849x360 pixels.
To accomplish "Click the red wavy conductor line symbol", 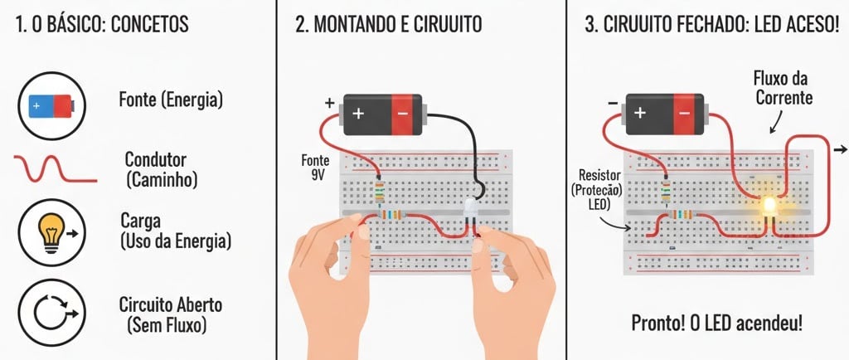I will point(55,168).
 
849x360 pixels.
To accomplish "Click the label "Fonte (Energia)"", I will point(171,101).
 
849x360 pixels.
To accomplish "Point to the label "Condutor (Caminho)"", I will point(165,168).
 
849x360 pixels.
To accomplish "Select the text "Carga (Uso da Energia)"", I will point(175,231).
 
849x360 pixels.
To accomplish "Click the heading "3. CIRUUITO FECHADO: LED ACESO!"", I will point(711,25).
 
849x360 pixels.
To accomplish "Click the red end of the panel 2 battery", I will point(404,113).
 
